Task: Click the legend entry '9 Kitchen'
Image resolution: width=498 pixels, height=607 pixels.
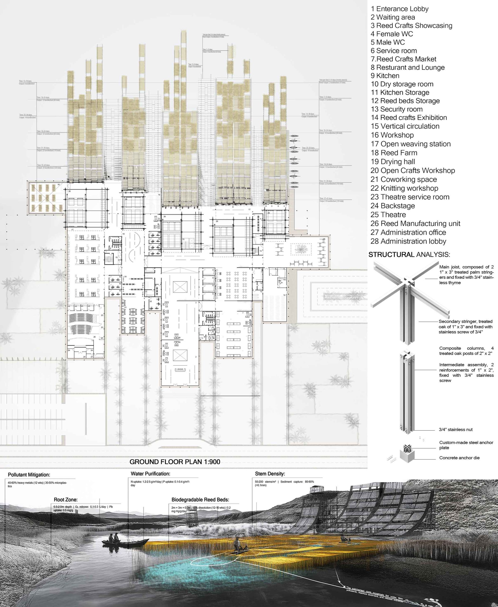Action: pyautogui.click(x=385, y=76)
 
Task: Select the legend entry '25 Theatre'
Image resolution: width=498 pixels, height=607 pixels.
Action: pyautogui.click(x=388, y=215)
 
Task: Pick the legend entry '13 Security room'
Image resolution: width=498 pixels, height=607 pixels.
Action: pyautogui.click(x=397, y=109)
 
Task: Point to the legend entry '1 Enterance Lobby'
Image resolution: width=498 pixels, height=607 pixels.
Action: pyautogui.click(x=399, y=9)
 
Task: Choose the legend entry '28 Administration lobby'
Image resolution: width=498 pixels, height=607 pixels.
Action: pyautogui.click(x=408, y=241)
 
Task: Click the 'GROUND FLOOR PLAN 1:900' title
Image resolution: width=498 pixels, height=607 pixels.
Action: pyautogui.click(x=175, y=462)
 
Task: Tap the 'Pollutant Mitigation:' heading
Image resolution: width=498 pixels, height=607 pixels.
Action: pyautogui.click(x=29, y=475)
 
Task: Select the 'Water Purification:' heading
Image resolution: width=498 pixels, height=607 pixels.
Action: pyautogui.click(x=150, y=474)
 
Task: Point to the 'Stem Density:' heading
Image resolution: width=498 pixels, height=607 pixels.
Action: pyautogui.click(x=270, y=474)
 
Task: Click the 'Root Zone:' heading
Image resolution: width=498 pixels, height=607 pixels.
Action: pyautogui.click(x=65, y=500)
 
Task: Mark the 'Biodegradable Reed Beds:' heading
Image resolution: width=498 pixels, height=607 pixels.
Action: pyautogui.click(x=200, y=500)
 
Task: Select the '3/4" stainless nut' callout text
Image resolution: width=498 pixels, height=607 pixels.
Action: pyautogui.click(x=456, y=430)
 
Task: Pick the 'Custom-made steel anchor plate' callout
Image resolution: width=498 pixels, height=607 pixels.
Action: pyautogui.click(x=466, y=445)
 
